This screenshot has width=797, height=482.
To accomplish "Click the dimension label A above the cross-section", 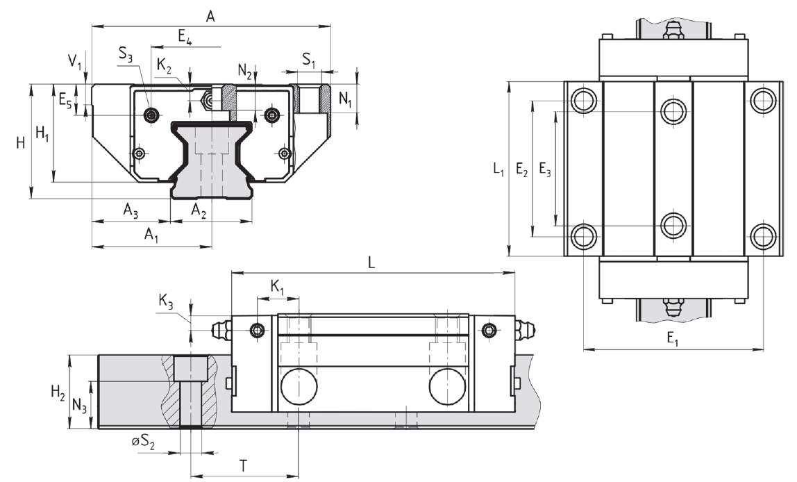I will [210, 17].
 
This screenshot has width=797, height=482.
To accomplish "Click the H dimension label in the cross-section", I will [20, 144].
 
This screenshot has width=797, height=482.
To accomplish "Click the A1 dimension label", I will [151, 235].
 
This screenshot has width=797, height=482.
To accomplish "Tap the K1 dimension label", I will [277, 286].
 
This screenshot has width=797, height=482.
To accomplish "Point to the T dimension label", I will [244, 466].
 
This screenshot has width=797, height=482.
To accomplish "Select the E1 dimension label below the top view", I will [673, 338].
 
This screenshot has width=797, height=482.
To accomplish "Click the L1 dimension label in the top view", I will [496, 169].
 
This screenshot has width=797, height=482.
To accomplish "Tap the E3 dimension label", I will [546, 169].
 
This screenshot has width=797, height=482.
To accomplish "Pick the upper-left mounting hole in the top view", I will [583, 100].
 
